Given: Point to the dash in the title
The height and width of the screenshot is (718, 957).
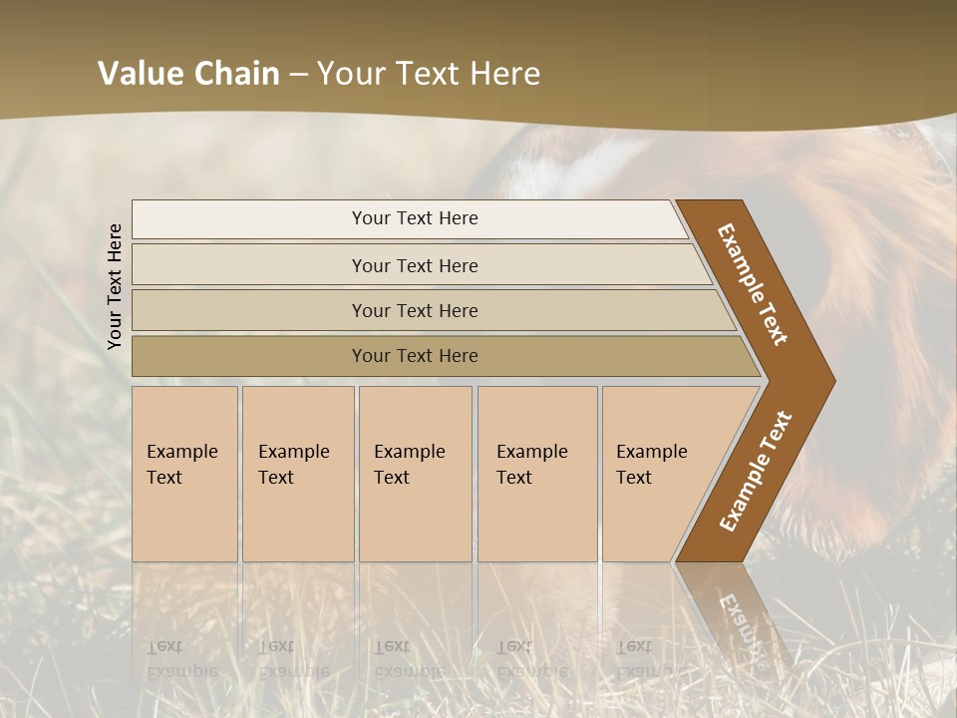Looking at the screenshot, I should (298, 75).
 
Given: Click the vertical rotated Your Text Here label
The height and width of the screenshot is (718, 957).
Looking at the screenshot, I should (115, 286).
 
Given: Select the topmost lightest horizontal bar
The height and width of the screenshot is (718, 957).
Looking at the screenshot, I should (414, 218).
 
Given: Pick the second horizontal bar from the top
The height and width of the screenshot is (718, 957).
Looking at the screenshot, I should (414, 265).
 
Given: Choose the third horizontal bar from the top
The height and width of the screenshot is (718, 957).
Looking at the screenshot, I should (414, 310).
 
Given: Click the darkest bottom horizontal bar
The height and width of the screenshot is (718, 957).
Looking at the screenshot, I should (414, 356).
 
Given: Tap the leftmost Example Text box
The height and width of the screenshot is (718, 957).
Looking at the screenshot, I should (184, 474).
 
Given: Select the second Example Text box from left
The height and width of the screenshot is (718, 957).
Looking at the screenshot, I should (297, 474).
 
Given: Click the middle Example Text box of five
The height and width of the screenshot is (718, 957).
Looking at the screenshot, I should (414, 474).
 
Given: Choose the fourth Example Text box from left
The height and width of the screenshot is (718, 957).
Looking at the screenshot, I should (536, 474).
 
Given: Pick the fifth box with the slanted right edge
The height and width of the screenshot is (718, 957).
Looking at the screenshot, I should (653, 474).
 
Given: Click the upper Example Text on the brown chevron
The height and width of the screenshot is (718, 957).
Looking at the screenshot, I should (753, 284).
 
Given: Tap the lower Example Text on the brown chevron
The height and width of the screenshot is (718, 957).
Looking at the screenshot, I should (755, 472).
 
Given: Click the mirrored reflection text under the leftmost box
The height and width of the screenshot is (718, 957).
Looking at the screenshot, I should (181, 659).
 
